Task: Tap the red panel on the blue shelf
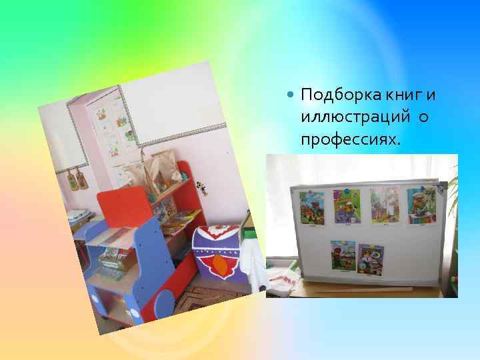[x=125, y=207]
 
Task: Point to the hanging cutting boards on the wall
[x=77, y=178]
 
